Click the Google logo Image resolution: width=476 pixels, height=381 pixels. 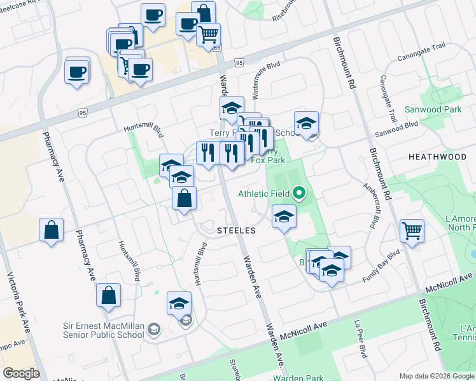click(x=21, y=373)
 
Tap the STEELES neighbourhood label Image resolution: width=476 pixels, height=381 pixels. click(x=235, y=230)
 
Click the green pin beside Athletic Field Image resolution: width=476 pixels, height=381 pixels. click(x=299, y=193)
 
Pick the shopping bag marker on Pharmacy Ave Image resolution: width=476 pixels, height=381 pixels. click(x=109, y=295)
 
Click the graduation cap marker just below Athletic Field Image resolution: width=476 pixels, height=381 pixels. click(x=284, y=216)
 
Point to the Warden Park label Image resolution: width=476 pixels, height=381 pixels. click(x=298, y=378)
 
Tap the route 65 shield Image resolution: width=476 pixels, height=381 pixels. click(x=216, y=48)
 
